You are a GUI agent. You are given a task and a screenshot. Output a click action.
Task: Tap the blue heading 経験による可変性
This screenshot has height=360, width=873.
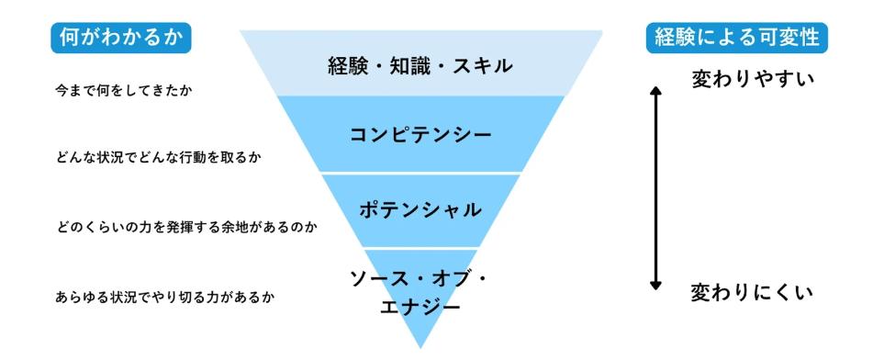736,38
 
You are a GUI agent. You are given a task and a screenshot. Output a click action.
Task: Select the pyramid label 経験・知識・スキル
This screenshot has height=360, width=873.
420,66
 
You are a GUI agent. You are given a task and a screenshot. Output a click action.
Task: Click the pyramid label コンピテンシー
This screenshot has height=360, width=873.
420,135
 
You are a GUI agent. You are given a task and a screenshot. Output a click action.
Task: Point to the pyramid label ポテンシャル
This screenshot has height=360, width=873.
420,209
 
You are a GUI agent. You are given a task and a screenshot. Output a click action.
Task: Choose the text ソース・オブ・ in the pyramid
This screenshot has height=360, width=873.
420,277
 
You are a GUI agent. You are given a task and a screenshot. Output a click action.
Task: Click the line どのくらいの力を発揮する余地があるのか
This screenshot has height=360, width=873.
185,226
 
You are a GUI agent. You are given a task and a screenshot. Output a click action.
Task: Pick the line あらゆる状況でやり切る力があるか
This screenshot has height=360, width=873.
165,297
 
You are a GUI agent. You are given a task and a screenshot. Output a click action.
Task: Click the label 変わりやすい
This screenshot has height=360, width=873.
753,79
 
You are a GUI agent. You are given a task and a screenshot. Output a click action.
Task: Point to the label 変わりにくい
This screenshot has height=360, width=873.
753,294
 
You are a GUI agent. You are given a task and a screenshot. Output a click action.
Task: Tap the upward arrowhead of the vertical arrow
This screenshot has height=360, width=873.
655,89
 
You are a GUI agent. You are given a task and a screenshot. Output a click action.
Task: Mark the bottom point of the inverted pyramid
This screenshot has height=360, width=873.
420,346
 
